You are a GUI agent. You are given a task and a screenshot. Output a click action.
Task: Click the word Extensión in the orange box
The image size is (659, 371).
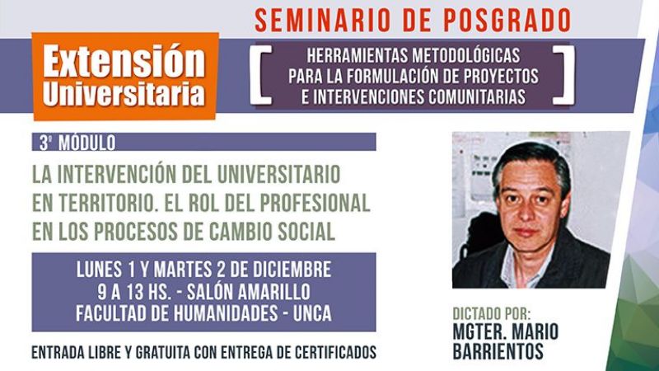[x=124, y=61]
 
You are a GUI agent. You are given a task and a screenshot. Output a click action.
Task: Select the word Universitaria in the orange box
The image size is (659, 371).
[x=124, y=92]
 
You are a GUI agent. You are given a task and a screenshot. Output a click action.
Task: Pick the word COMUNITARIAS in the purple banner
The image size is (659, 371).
[x=474, y=96]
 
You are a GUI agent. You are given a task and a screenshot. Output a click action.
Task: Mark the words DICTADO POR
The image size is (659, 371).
[x=492, y=314]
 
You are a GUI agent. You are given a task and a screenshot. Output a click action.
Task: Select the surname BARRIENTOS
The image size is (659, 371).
[x=497, y=350]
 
